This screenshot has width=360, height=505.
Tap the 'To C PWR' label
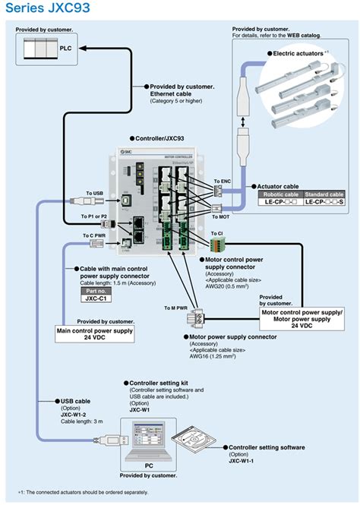click(94, 236)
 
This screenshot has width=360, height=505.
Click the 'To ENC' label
click(222, 181)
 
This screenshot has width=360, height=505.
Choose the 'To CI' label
click(216, 234)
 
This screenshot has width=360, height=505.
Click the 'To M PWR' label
click(175, 308)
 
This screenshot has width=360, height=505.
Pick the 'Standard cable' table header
click(324, 194)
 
